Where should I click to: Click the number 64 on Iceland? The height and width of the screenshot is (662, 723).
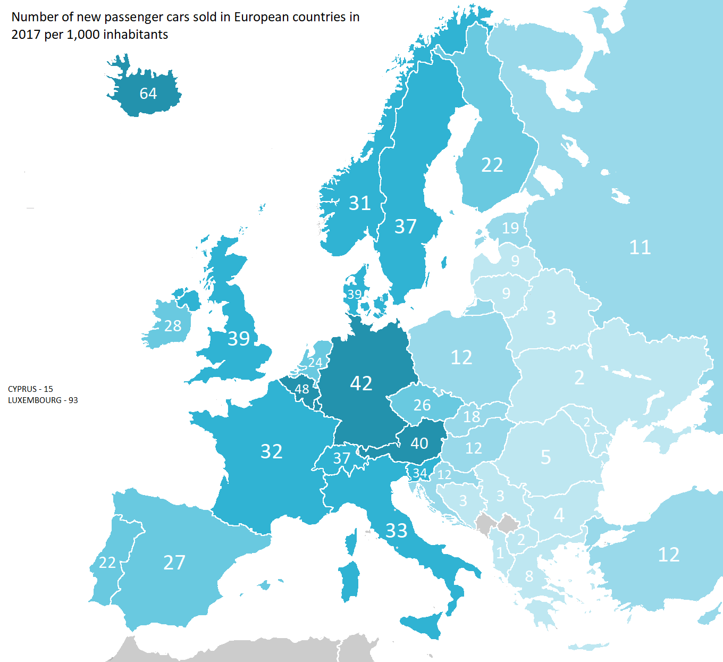pyautogui.click(x=148, y=94)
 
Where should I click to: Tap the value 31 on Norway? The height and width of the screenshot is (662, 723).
pyautogui.click(x=360, y=203)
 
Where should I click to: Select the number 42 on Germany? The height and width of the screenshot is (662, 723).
pyautogui.click(x=361, y=383)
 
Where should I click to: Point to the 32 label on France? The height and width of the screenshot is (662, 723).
pyautogui.click(x=271, y=451)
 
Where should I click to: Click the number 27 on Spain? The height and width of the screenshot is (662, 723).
pyautogui.click(x=174, y=563)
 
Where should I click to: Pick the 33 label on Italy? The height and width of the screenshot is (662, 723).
pyautogui.click(x=396, y=531)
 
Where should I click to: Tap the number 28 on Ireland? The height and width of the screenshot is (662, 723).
pyautogui.click(x=173, y=326)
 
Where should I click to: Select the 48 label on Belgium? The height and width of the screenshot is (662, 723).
pyautogui.click(x=302, y=389)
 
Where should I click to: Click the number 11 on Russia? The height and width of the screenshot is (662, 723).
pyautogui.click(x=640, y=247)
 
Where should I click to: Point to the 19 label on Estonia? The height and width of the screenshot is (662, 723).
pyautogui.click(x=510, y=228)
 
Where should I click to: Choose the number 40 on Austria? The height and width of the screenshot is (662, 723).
pyautogui.click(x=419, y=443)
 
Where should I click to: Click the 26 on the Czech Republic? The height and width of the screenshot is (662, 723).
pyautogui.click(x=422, y=405)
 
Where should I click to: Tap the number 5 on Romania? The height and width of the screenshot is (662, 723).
pyautogui.click(x=546, y=457)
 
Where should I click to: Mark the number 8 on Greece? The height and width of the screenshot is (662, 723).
pyautogui.click(x=529, y=576)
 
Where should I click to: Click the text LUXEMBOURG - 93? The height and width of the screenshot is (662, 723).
pyautogui.click(x=43, y=400)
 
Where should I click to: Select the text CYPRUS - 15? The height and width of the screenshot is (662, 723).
pyautogui.click(x=30, y=389)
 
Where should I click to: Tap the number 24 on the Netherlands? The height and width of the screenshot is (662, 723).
pyautogui.click(x=315, y=363)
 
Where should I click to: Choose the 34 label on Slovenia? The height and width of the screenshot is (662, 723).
pyautogui.click(x=420, y=473)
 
